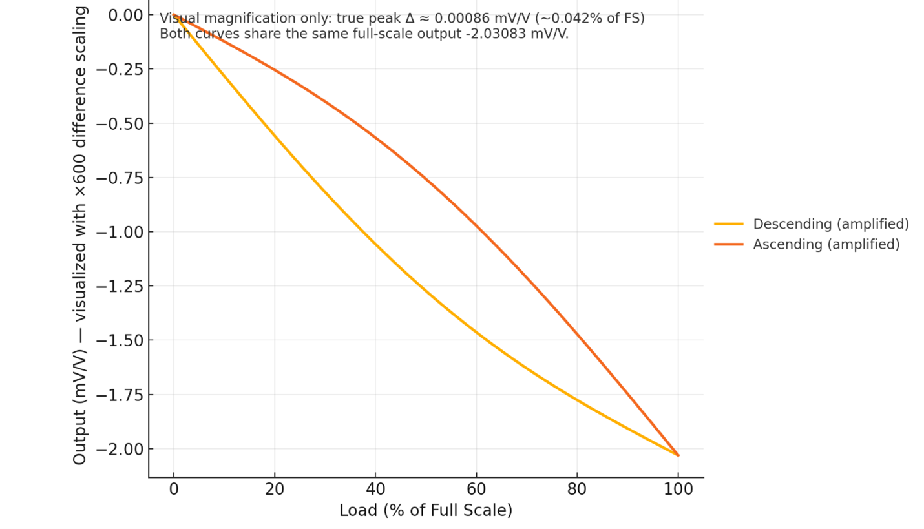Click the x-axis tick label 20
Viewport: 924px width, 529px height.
click(x=275, y=490)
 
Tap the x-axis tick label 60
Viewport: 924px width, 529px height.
click(x=476, y=490)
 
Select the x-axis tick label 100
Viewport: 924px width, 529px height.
click(x=678, y=490)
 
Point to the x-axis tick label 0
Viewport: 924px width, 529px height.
click(x=173, y=490)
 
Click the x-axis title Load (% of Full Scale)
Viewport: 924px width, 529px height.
click(x=425, y=511)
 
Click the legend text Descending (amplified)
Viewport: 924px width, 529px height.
click(x=830, y=224)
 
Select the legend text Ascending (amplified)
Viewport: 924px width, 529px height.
click(x=826, y=245)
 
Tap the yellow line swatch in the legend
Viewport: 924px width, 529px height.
click(x=728, y=224)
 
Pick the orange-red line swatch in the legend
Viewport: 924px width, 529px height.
click(x=728, y=244)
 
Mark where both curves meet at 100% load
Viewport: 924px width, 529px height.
click(x=678, y=455)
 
